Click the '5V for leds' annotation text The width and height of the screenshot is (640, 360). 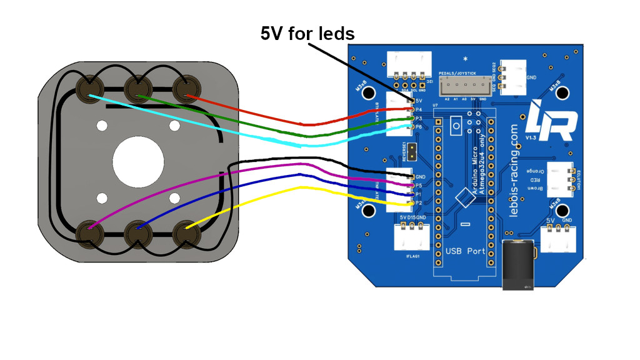click(307, 33)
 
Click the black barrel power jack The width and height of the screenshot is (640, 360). click(519, 265)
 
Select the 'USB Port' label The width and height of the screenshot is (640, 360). click(465, 251)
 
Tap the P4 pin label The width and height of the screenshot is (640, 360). click(419, 109)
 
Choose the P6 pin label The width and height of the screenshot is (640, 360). click(419, 127)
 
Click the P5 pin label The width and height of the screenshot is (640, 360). click(419, 186)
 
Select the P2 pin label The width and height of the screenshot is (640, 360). click(419, 203)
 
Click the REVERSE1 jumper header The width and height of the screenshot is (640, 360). click(412, 150)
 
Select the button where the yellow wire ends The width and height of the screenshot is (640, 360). click(186, 232)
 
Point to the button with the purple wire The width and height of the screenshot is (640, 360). click(88, 232)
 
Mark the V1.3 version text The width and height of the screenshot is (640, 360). click(531, 137)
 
